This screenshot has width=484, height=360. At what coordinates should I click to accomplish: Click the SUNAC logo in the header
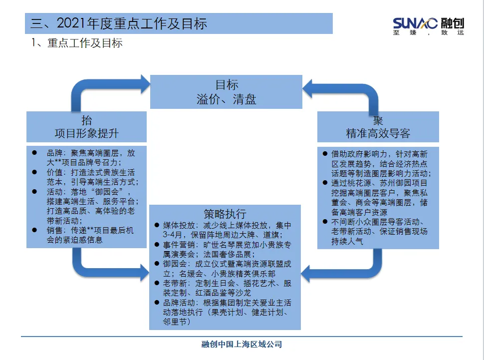point(428,23)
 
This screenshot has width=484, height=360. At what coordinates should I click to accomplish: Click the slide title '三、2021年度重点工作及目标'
point(119,23)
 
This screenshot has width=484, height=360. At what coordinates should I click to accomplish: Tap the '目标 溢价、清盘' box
point(226,91)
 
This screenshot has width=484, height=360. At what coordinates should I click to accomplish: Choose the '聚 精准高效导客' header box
point(378,127)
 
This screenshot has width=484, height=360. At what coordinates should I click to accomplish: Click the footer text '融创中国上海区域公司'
point(242,345)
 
